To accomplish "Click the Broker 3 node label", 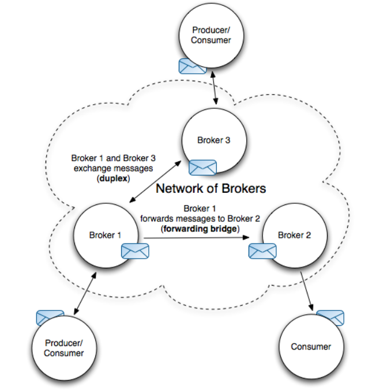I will (x=214, y=141).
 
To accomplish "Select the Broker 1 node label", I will (x=106, y=235).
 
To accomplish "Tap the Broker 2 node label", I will (x=294, y=235).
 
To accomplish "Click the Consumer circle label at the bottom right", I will (x=311, y=347).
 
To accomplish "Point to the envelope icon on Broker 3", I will (x=202, y=167).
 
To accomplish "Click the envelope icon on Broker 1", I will (x=135, y=250).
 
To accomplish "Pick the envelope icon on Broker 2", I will (x=262, y=250).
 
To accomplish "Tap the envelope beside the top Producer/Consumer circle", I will (x=192, y=66).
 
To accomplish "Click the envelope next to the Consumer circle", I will (x=330, y=317).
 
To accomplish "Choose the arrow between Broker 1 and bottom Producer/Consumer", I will (x=84, y=294).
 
